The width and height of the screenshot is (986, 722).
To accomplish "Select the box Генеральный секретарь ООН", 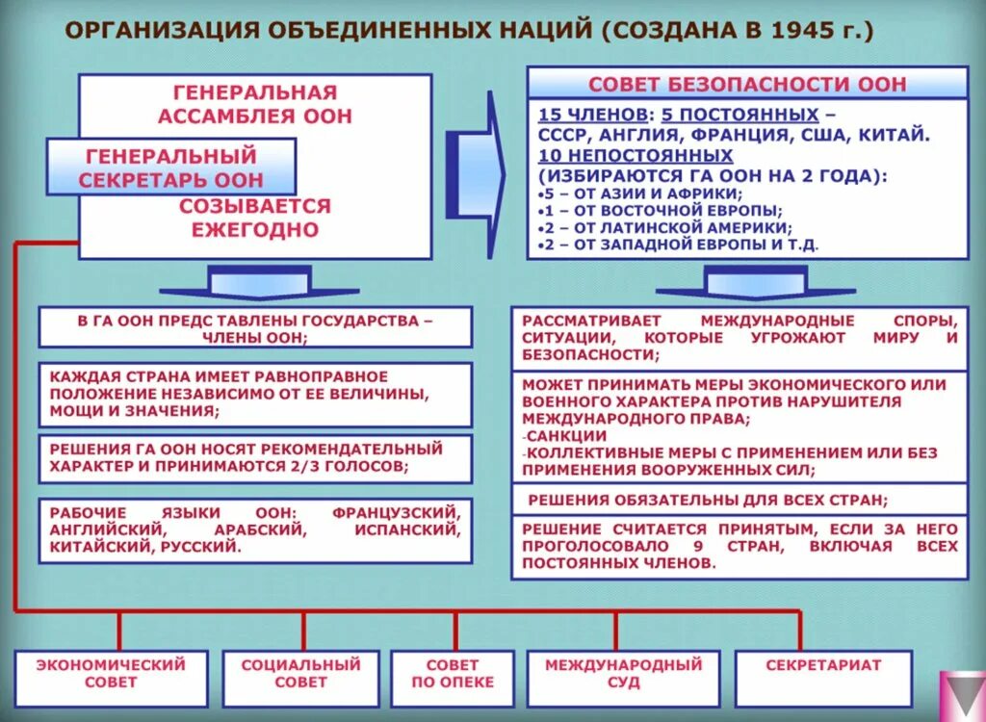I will [170, 168].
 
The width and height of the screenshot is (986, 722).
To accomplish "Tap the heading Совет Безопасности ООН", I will [747, 84].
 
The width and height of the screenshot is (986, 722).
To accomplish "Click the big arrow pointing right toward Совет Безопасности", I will [481, 160].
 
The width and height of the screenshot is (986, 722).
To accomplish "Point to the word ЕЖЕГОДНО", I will [254, 230].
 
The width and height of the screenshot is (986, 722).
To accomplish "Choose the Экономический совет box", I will [111, 673].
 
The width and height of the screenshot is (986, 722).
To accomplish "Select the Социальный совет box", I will [301, 673].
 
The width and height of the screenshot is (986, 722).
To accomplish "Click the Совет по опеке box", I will [453, 673].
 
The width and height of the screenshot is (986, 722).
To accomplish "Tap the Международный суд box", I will [624, 673].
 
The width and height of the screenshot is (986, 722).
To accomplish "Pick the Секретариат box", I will [823, 665].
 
